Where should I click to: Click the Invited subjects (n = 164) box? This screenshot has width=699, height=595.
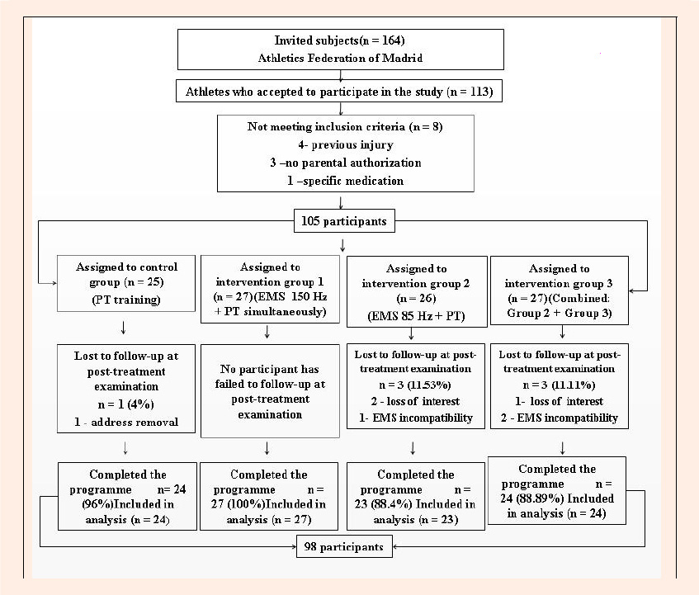[341, 50]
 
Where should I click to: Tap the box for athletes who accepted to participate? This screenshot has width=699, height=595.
[339, 91]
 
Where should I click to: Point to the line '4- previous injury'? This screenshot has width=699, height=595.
[346, 145]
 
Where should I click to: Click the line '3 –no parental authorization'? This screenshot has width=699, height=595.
[346, 163]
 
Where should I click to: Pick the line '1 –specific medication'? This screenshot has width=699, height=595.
[346, 181]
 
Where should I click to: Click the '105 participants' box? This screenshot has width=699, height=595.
[344, 221]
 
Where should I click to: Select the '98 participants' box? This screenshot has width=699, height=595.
[344, 547]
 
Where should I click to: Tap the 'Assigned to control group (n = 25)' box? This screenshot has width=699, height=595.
[126, 283]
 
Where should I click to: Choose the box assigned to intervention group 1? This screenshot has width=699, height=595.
[270, 289]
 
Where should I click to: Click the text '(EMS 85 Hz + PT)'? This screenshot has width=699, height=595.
[417, 316]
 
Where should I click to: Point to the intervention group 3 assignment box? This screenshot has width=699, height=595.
[559, 290]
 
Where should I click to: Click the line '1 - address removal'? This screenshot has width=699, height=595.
[126, 422]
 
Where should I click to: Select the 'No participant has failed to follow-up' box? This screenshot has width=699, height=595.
[270, 391]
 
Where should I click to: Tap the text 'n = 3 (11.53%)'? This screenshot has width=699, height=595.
[415, 385]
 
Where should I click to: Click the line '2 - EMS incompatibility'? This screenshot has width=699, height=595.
[559, 418]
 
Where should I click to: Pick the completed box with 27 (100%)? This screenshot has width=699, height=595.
[269, 496]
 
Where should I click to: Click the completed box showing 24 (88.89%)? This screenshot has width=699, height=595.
[557, 490]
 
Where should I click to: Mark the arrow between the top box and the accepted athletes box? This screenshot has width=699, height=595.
[341, 75]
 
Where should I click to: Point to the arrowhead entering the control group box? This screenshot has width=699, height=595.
[54, 283]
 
